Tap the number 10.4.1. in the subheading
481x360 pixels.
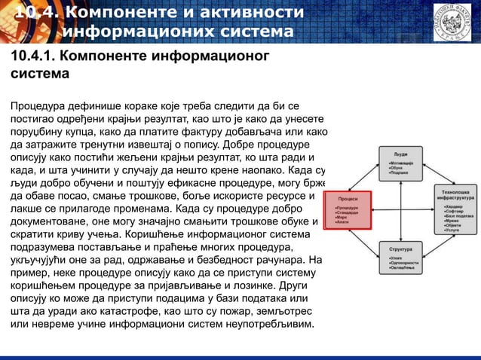point(29,57)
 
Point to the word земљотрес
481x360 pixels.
point(288,311)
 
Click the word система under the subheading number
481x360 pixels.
point(38,75)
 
